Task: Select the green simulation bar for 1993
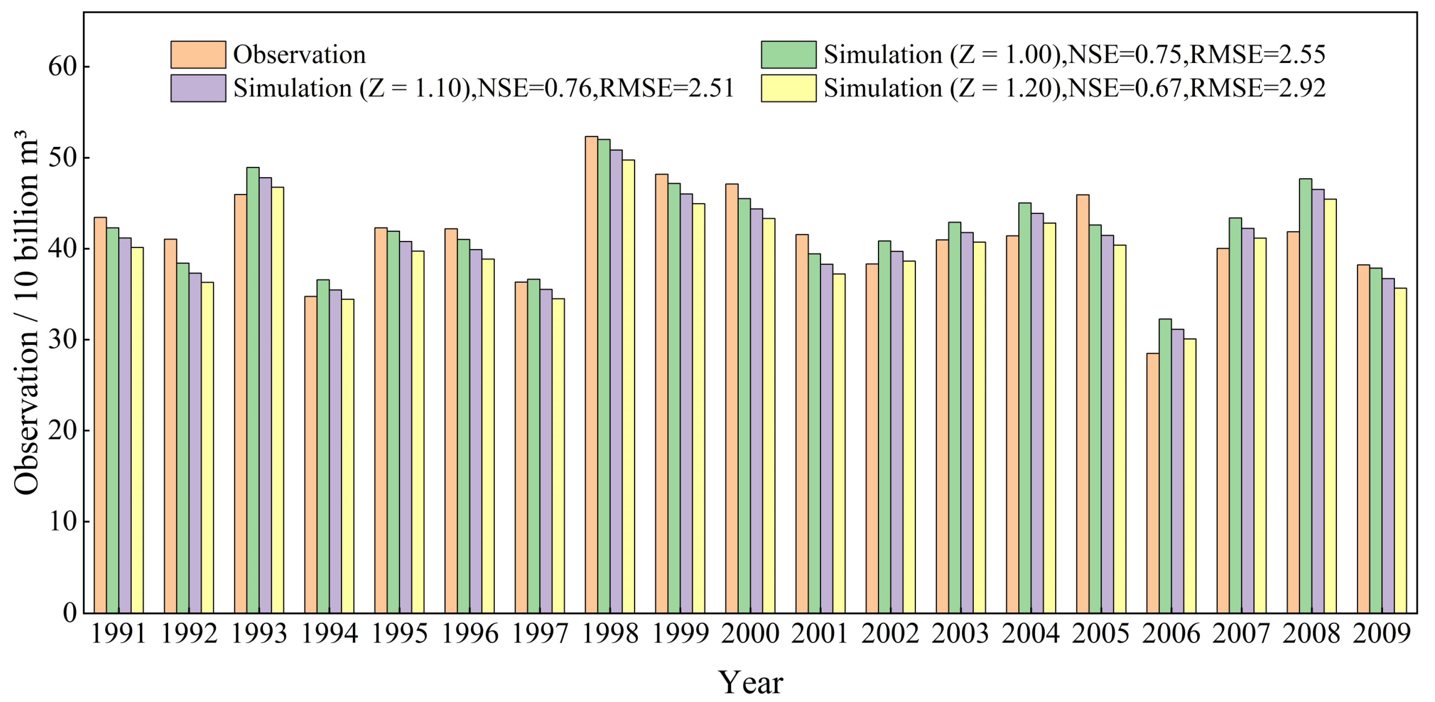[253, 390]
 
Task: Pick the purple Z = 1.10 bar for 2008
[1317, 401]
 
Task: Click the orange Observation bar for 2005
[1083, 404]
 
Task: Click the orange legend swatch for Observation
[198, 55]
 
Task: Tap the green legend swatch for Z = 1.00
[788, 55]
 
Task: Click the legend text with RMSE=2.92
[1074, 88]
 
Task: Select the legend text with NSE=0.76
[483, 88]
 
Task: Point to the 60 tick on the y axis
[62, 67]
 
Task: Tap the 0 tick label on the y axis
[69, 612]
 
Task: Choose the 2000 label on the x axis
[750, 634]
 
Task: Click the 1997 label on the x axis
[539, 634]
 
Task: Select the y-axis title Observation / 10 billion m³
[26, 312]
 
